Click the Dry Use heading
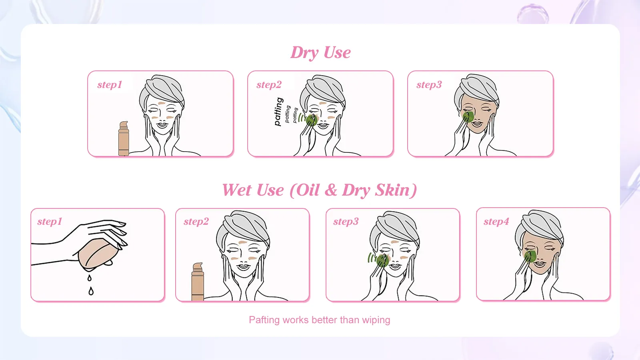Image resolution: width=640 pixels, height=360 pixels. point(320,52)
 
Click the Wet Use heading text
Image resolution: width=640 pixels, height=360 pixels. point(320,190)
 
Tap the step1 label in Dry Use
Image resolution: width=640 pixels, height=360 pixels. point(110,85)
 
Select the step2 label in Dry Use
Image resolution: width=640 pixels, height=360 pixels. point(269,85)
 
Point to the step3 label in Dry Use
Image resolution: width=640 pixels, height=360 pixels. point(429,85)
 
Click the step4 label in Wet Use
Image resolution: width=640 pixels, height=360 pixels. point(496,222)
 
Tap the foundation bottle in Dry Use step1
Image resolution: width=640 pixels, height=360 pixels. point(124,138)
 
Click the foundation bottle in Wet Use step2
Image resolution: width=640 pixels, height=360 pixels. point(198,282)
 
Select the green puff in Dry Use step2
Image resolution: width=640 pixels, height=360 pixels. point(312,120)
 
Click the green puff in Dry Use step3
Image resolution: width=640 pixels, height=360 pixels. point(468,117)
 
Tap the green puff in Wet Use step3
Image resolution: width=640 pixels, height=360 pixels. point(382,260)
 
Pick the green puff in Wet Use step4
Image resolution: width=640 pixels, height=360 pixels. point(530,256)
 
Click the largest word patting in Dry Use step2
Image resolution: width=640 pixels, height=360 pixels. point(278,112)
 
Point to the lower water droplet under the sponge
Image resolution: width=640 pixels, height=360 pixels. point(91,291)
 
